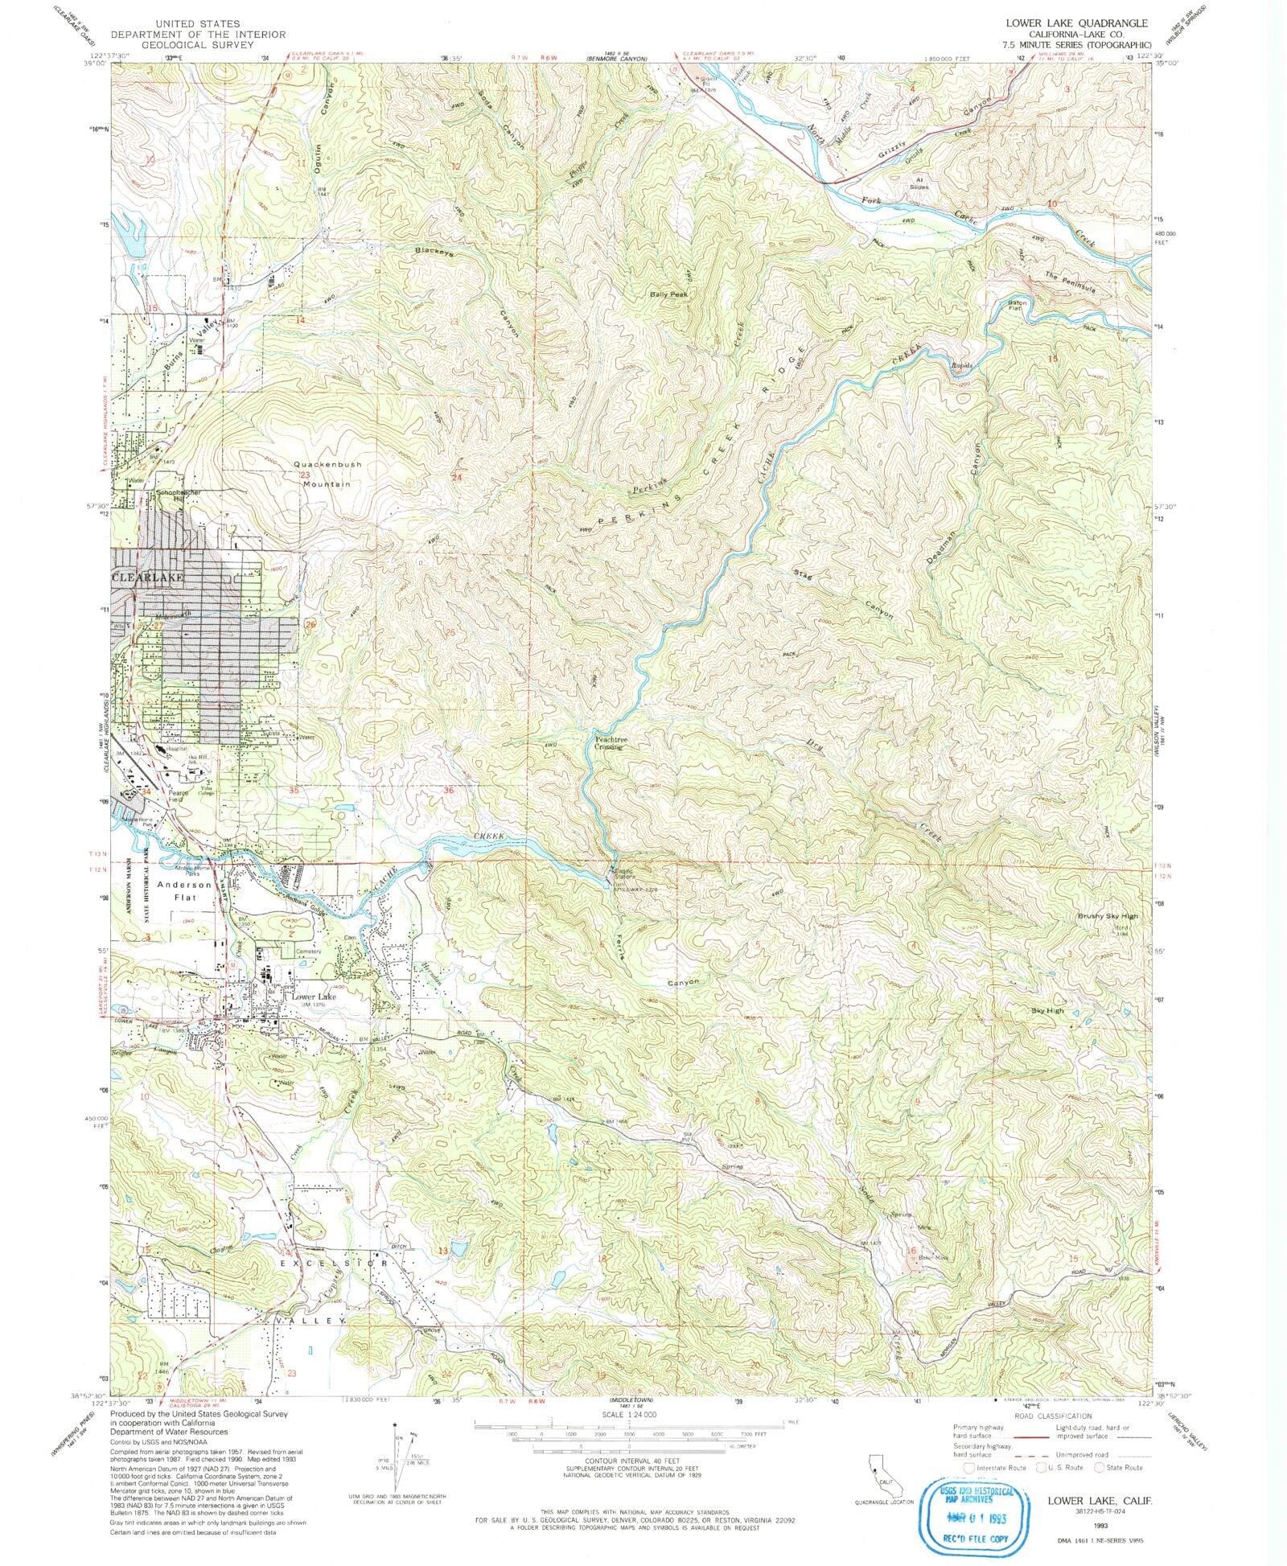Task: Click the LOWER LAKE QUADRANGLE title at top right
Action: pyautogui.click(x=1077, y=23)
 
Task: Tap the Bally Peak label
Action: pyautogui.click(x=669, y=295)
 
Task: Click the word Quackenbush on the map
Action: pyautogui.click(x=327, y=465)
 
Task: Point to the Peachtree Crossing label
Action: pyautogui.click(x=609, y=743)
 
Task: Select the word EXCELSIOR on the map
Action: pyautogui.click(x=333, y=1264)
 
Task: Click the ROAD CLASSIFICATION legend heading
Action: pyautogui.click(x=1053, y=1416)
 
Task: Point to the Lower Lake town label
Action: pyautogui.click(x=314, y=997)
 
